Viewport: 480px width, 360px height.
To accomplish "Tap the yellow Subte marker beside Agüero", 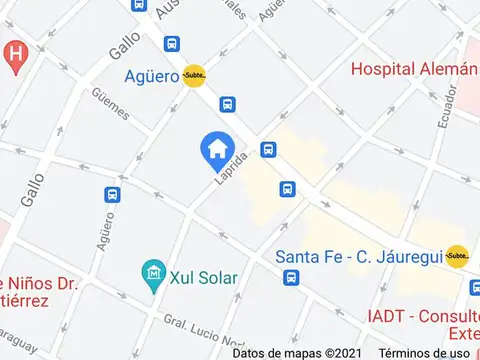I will click(194, 76).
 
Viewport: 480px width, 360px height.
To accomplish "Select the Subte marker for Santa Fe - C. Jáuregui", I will click(457, 255).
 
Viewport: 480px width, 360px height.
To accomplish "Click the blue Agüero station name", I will click(151, 76).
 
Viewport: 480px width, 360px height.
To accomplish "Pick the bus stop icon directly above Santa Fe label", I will click(287, 189).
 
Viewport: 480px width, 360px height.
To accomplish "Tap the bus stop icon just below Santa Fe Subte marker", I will click(475, 287).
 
